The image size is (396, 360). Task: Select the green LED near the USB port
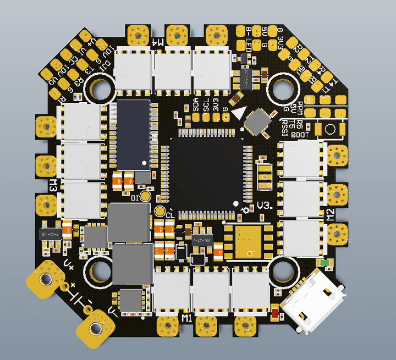326,263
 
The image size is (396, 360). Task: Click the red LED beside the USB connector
274,314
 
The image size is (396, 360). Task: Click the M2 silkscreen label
331,214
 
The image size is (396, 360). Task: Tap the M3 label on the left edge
53,185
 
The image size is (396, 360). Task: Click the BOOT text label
300,134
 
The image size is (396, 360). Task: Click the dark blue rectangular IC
133,133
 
